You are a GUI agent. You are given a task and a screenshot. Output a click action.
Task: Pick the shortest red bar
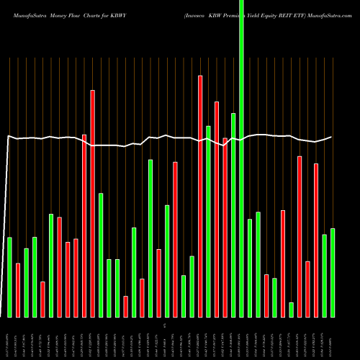[125, 307]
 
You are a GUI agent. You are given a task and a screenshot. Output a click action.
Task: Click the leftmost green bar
[9, 277]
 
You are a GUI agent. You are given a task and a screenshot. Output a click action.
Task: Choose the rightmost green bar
[333, 273]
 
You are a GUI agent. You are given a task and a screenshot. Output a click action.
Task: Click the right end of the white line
[331, 137]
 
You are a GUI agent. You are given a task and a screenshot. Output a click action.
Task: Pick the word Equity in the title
[270, 14]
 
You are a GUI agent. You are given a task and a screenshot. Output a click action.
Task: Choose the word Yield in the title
[253, 14]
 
